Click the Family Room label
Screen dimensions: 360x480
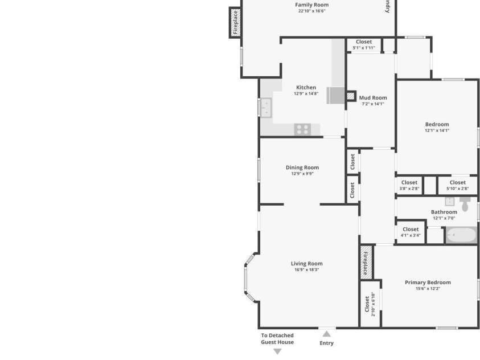point(311,5)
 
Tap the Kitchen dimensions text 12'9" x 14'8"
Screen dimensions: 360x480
point(306,94)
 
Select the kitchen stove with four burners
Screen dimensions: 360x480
point(302,130)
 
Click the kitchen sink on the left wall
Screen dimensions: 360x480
point(265,107)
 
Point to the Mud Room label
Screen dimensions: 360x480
point(372,98)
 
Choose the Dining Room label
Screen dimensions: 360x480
point(302,167)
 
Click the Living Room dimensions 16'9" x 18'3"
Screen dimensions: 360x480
point(306,270)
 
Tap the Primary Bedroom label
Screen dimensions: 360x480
point(428,283)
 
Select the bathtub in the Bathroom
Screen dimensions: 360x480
point(461,235)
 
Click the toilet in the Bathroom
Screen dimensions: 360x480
point(465,204)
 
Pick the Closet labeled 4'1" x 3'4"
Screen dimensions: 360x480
point(410,232)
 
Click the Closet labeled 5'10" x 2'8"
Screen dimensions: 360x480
point(457,185)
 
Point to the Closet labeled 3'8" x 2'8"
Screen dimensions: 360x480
point(409,185)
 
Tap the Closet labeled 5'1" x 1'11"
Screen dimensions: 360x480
point(363,44)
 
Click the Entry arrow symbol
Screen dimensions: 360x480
point(326,334)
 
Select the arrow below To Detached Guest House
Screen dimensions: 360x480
point(277,351)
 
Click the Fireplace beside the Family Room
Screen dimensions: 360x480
point(235,22)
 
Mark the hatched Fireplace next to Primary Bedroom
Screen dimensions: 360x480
point(366,262)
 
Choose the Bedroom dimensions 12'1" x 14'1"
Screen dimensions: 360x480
point(437,130)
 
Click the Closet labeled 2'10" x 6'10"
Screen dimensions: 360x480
point(370,305)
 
